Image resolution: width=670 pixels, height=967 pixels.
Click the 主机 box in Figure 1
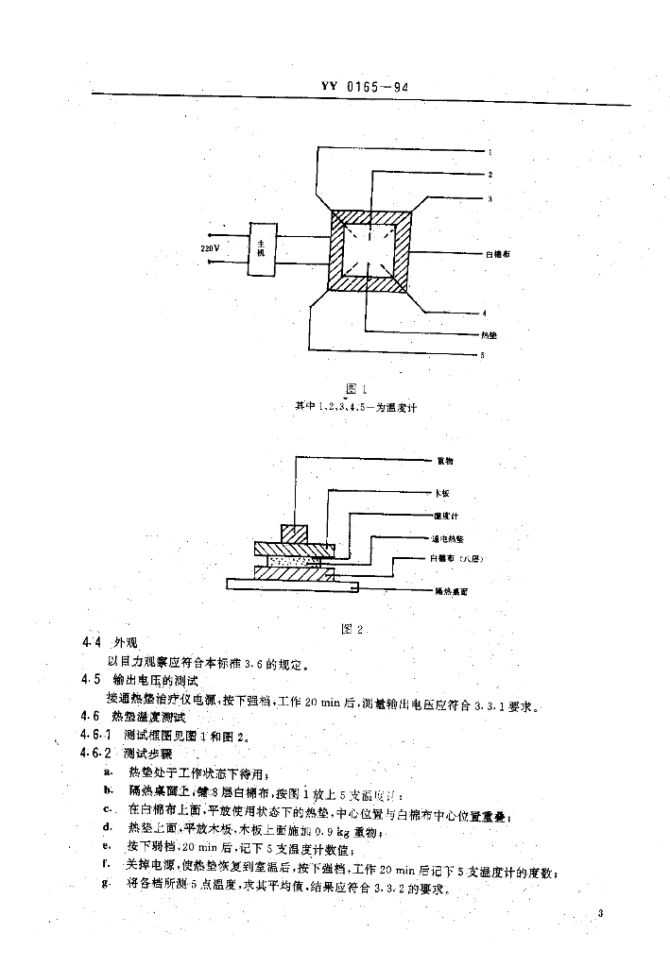(x=262, y=249)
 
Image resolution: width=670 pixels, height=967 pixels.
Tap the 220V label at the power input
(x=210, y=247)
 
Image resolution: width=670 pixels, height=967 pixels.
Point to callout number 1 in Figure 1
(x=490, y=152)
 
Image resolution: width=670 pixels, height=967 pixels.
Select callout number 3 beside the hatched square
(x=490, y=198)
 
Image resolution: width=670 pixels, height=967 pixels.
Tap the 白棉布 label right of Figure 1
(x=497, y=255)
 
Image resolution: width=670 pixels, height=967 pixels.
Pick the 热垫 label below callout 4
(x=489, y=334)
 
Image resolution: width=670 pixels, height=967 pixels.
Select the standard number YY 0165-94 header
(x=363, y=88)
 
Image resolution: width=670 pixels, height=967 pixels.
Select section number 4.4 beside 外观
(x=92, y=643)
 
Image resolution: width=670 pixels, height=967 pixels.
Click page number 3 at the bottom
(x=601, y=912)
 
